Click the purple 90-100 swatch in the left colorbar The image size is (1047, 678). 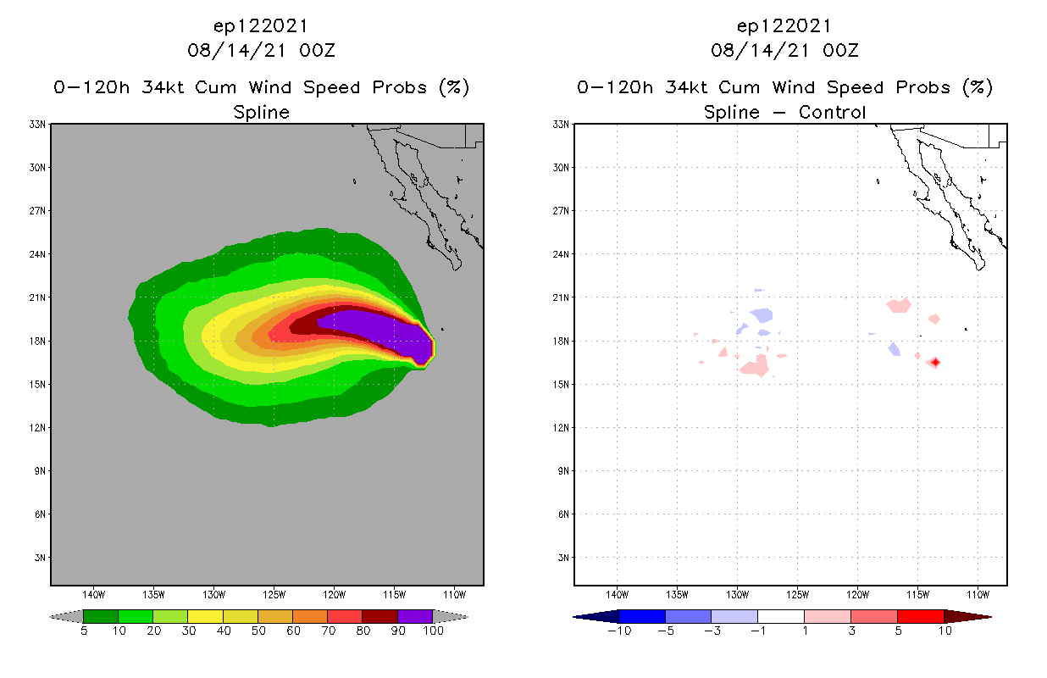pos(415,616)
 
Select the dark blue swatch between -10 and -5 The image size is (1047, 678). pos(642,616)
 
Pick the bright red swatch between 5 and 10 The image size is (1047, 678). pos(920,616)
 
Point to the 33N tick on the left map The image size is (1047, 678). pos(38,125)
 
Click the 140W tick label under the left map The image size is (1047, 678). pos(93,593)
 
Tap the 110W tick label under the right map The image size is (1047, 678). pos(978,593)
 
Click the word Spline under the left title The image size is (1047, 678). pos(262,112)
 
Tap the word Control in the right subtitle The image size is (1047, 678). pos(830,112)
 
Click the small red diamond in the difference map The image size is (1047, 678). pos(935,363)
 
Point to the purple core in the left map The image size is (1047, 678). pos(381,327)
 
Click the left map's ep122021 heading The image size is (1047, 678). pos(262,26)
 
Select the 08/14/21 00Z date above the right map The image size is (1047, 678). pos(785,50)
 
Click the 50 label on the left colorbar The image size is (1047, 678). pos(258,631)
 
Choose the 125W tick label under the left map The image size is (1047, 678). pos(274,593)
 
